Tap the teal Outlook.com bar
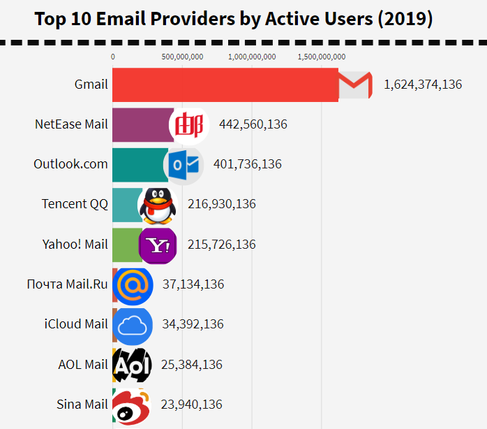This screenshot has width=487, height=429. [138, 165]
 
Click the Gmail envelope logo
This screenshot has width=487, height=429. [355, 85]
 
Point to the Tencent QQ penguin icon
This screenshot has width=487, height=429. [157, 205]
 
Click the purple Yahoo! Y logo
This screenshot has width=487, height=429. [158, 245]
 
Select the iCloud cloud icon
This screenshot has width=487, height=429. [133, 325]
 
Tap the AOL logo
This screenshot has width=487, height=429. [130, 365]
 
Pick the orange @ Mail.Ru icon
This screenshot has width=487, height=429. [132, 285]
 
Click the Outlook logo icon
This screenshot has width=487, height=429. [185, 165]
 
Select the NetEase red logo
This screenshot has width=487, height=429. [189, 125]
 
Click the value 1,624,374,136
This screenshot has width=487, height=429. [423, 85]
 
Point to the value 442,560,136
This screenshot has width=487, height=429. [253, 124]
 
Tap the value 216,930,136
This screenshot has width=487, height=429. [222, 204]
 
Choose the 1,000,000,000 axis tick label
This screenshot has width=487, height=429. [252, 57]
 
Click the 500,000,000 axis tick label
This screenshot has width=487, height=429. [182, 57]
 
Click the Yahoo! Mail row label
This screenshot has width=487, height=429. [75, 245]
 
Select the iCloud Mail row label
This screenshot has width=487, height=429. [76, 324]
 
